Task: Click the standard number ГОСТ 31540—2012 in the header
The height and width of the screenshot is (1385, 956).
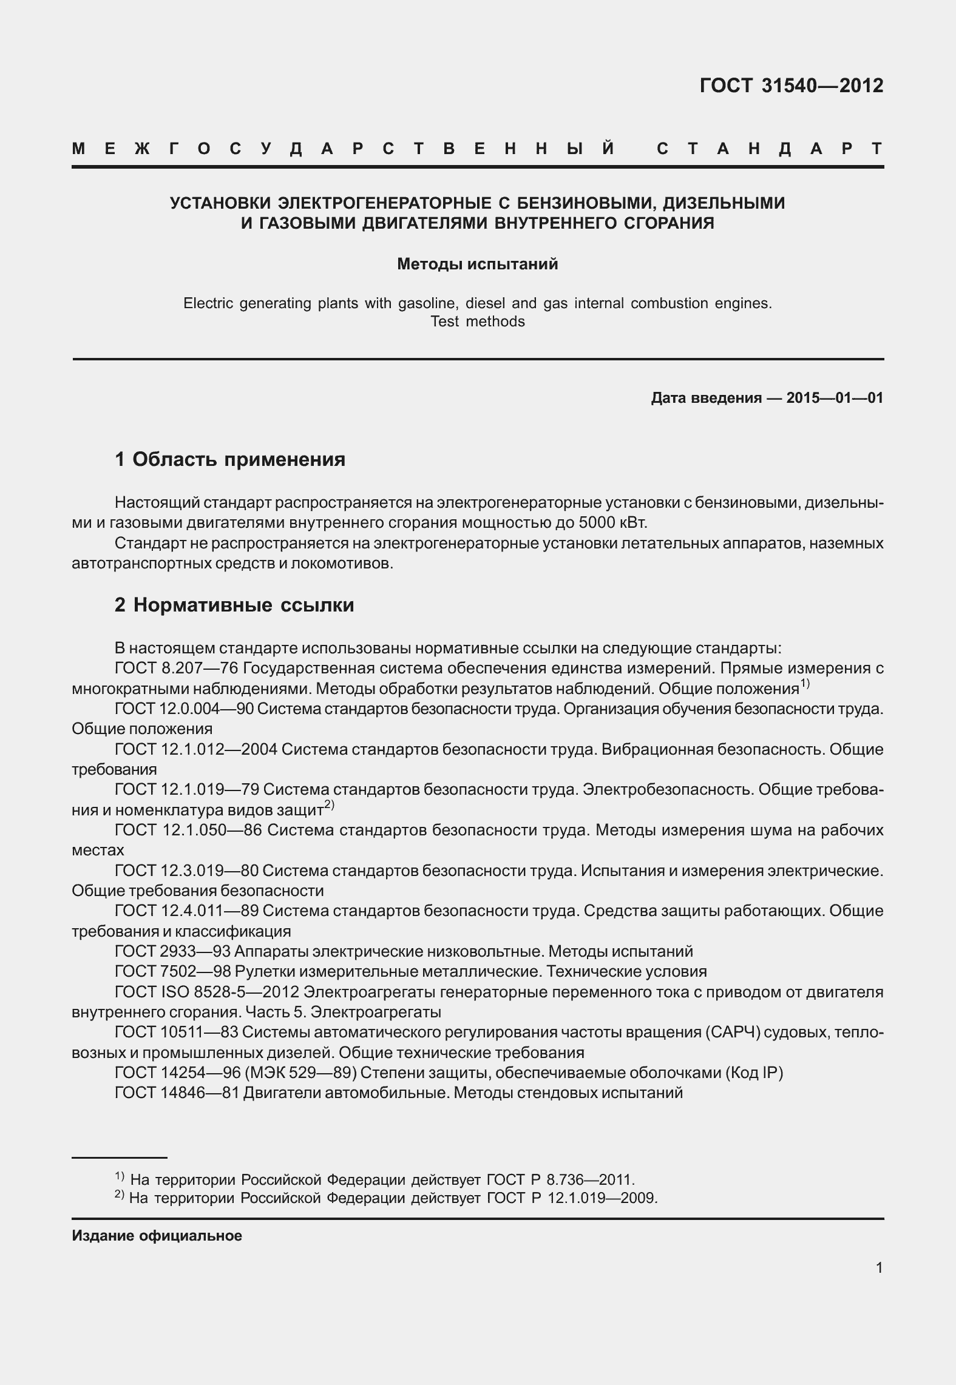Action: [x=791, y=86]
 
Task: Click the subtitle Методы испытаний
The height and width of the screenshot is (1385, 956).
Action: [x=477, y=265]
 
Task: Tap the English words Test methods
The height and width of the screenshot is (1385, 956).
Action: [x=477, y=322]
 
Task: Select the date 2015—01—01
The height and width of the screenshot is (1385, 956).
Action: [x=835, y=398]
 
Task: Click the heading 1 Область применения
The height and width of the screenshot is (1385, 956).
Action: [x=230, y=459]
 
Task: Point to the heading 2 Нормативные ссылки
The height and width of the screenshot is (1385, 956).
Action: [x=234, y=605]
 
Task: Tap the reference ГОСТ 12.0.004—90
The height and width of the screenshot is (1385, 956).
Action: [x=184, y=709]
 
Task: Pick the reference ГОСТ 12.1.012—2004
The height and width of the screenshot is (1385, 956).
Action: [x=195, y=749]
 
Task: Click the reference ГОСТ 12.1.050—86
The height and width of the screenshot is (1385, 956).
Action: [x=188, y=830]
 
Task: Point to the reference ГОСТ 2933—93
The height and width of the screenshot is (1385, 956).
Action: [x=168, y=951]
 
